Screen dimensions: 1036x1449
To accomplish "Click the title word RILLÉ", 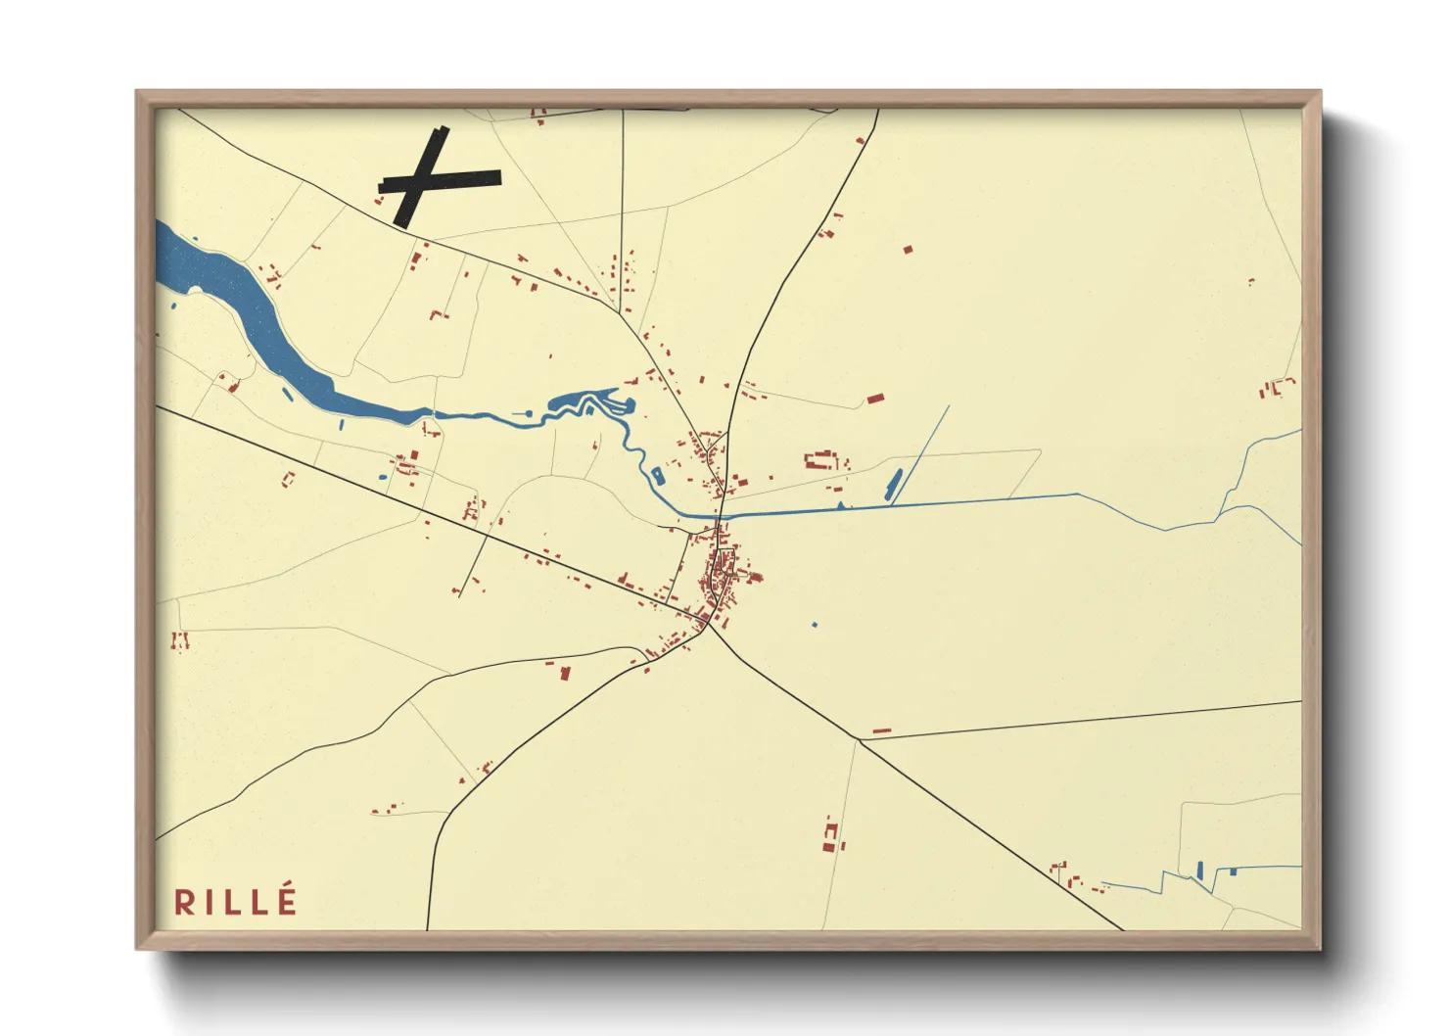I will [x=235, y=901].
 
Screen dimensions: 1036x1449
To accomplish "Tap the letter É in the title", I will [x=286, y=900].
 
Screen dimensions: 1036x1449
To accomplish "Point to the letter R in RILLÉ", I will [x=184, y=902].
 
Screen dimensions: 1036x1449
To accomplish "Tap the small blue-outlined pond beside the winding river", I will [x=657, y=477].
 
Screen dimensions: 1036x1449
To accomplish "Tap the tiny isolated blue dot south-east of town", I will [x=815, y=624].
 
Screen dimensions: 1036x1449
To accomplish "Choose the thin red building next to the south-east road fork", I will [x=881, y=730].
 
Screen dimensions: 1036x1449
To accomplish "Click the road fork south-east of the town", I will [x=859, y=739].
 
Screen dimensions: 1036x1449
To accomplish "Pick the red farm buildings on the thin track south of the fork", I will [x=832, y=835].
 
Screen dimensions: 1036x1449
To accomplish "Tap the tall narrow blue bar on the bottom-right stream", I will [x=1199, y=870].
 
